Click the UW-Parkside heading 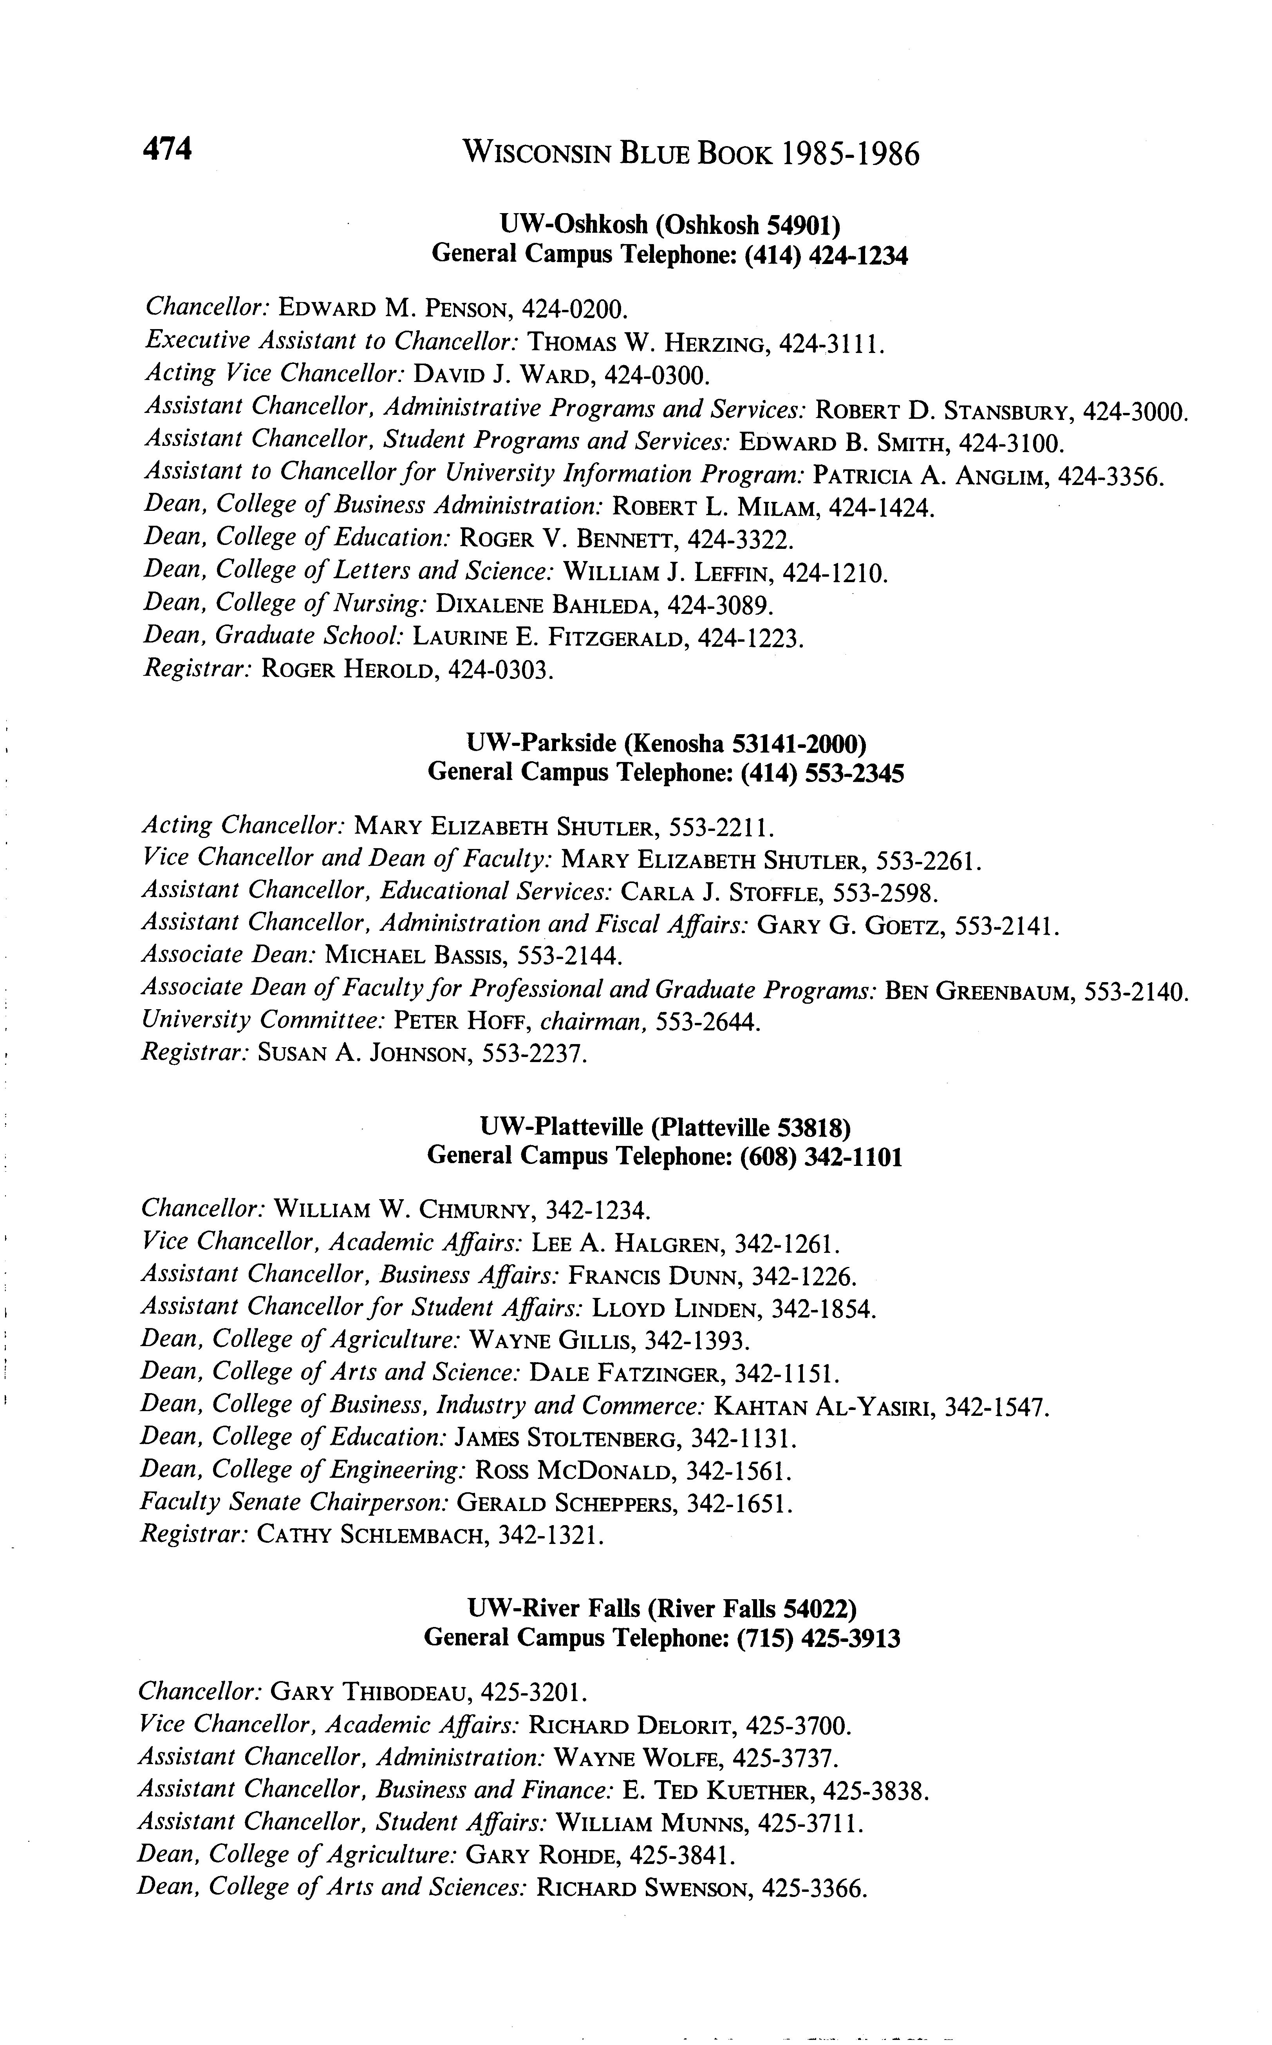tap(665, 743)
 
